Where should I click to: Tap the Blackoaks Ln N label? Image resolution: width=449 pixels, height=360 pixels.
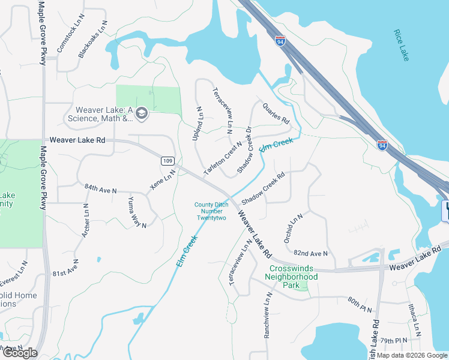pos(93,40)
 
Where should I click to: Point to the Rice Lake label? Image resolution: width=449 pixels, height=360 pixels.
pos(400,44)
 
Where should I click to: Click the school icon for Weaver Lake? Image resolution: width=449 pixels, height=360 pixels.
pos(142,113)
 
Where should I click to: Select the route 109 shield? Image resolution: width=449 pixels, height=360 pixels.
pos(167,161)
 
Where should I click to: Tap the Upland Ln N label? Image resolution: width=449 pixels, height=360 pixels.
pos(197,124)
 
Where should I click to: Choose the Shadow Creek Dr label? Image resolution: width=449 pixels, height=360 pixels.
pos(244,150)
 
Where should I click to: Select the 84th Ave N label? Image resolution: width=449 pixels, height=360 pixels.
pos(100,190)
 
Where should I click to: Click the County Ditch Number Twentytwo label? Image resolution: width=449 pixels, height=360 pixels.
pos(210,211)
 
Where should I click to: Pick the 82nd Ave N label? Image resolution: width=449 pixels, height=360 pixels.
pos(312,253)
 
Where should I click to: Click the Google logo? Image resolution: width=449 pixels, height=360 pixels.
pos(20,353)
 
